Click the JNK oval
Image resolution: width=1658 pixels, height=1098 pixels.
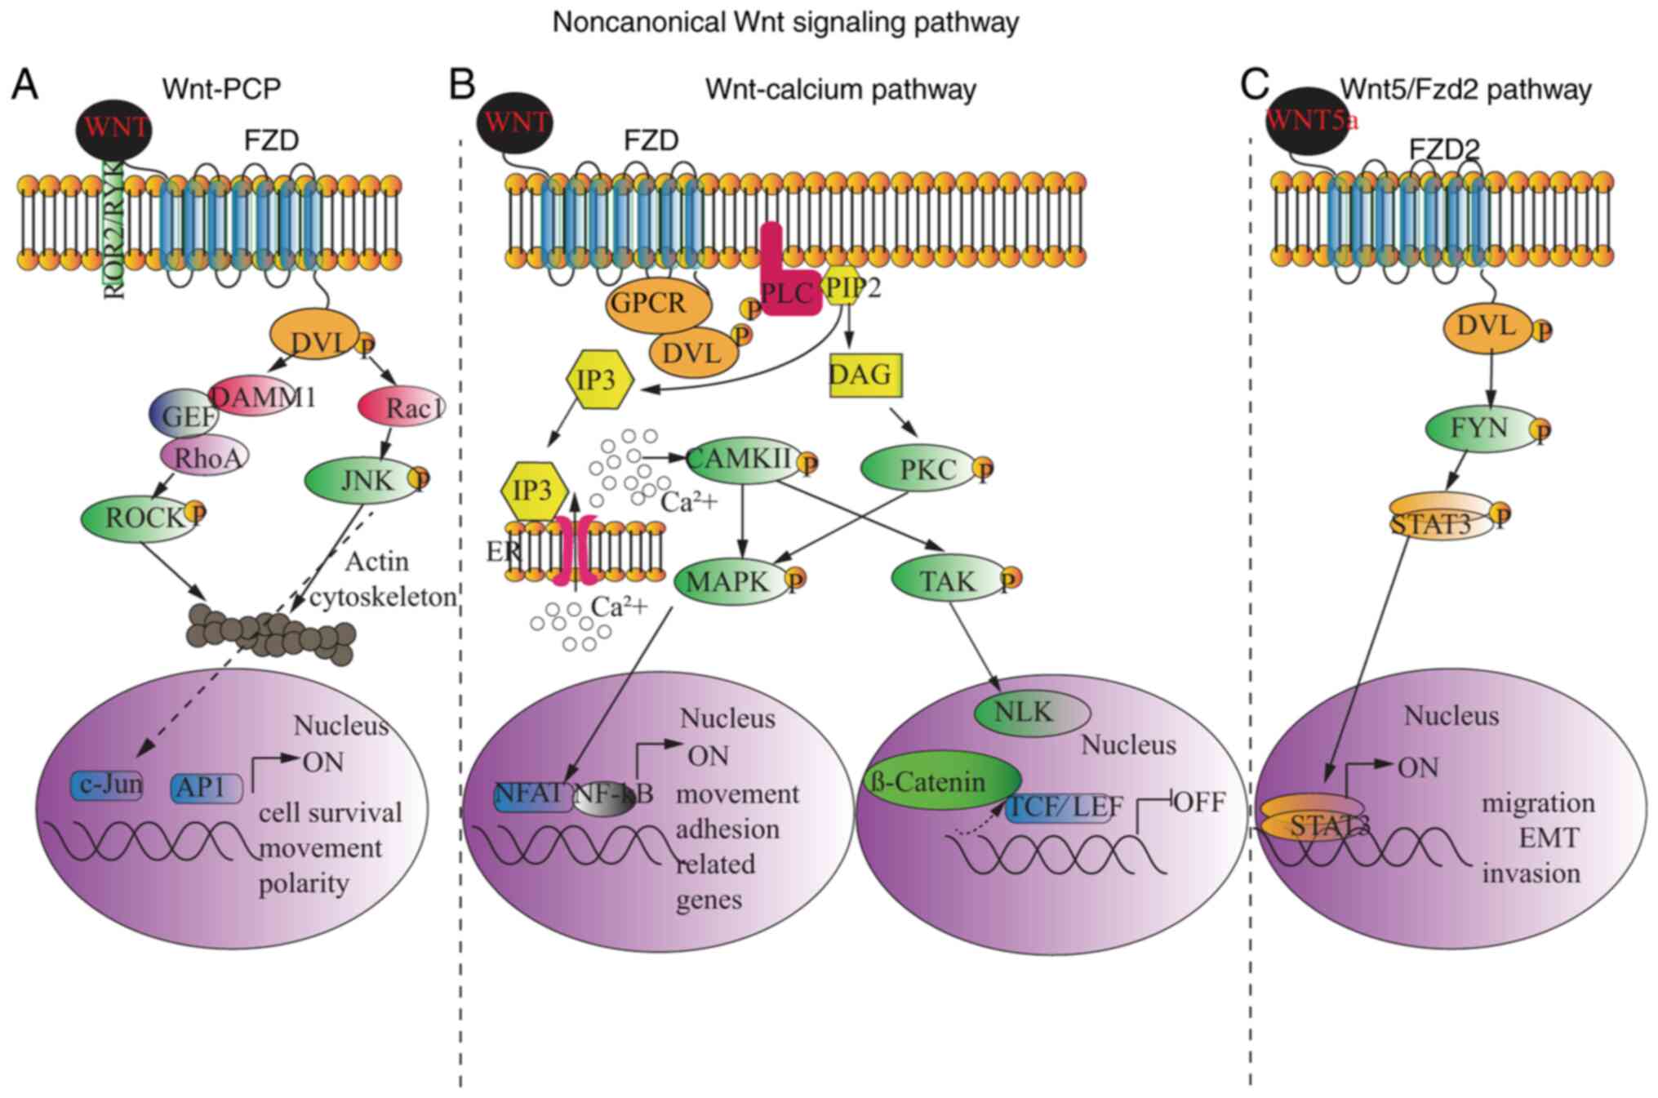point(362,481)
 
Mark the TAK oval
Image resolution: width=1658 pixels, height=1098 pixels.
point(947,580)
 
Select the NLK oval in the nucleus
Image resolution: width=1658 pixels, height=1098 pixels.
point(1032,713)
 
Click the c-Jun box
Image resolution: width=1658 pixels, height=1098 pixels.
point(106,785)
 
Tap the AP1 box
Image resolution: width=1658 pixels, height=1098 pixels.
point(207,788)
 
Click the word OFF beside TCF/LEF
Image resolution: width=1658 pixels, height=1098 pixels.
point(1199,802)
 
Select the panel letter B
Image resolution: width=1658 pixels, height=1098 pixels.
point(462,85)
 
